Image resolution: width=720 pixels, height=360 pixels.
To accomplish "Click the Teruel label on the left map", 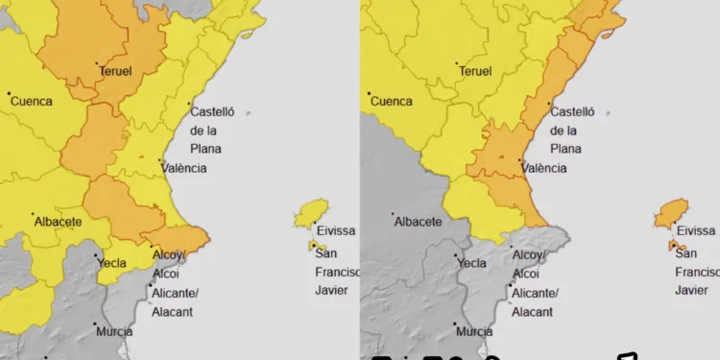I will (x=115, y=71).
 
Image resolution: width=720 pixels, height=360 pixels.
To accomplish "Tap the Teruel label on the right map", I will (x=475, y=71).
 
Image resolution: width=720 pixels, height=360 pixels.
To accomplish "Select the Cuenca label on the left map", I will (x=31, y=101).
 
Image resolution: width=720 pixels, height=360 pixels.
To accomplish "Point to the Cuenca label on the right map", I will (x=392, y=101).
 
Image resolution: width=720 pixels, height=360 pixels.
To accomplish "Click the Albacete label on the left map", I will (x=58, y=222).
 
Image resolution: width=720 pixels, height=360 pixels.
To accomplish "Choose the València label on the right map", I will (x=544, y=168).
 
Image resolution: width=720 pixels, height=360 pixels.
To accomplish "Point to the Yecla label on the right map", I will (x=472, y=263).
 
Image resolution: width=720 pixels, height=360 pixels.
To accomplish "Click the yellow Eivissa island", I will (x=311, y=213).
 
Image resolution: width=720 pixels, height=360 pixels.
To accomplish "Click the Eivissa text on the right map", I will (x=695, y=231).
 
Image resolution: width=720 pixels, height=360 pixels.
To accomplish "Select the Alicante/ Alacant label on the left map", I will (x=175, y=301).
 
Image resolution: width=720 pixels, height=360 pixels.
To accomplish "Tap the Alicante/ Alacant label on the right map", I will (x=534, y=301).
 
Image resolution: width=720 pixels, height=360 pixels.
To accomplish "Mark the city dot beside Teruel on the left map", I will (x=98, y=64).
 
